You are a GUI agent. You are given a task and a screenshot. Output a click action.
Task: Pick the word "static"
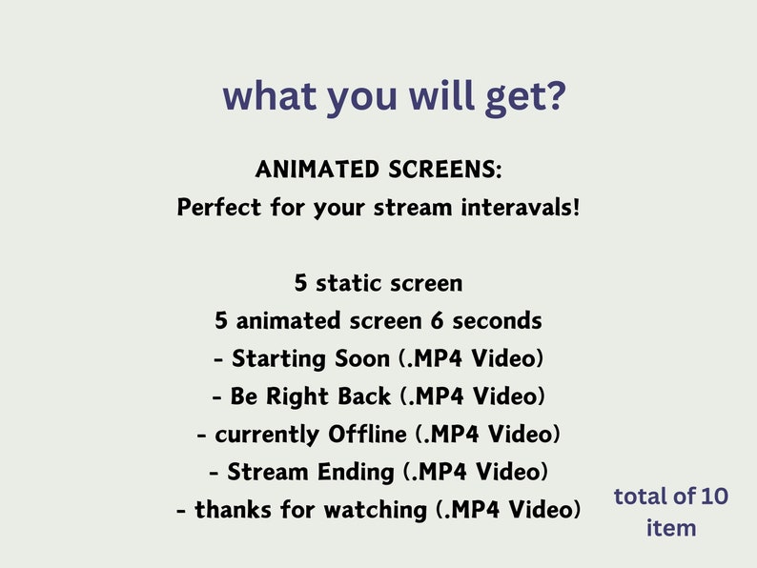click(x=356, y=283)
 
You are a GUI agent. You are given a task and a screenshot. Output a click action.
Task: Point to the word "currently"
click(x=268, y=435)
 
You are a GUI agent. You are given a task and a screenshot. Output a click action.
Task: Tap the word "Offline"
click(x=367, y=435)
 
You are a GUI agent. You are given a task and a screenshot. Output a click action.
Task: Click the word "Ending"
click(x=360, y=472)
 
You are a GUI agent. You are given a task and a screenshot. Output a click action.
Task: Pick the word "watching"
click(x=373, y=510)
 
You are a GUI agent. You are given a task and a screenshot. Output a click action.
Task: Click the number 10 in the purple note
click(x=714, y=497)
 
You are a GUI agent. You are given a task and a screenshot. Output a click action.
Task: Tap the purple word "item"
click(x=671, y=527)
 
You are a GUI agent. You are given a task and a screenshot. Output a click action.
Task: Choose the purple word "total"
click(x=639, y=497)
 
